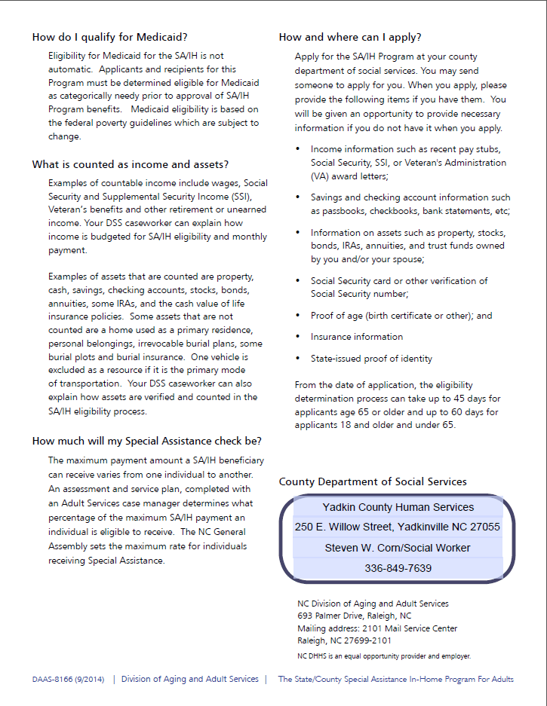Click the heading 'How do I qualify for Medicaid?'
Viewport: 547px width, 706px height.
[x=110, y=37]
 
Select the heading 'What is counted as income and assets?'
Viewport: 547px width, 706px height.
[x=131, y=164]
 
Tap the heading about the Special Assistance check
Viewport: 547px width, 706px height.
[x=146, y=441]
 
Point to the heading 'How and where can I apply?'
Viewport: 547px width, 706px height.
[x=350, y=37]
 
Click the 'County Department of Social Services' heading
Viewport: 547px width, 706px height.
[x=373, y=481]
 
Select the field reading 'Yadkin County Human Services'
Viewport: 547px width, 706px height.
[x=398, y=507]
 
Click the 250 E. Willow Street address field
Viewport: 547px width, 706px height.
[x=398, y=527]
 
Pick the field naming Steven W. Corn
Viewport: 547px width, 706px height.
[x=398, y=548]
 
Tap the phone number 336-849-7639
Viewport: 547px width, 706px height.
[x=398, y=568]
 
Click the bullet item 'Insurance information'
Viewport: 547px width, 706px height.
[x=356, y=337]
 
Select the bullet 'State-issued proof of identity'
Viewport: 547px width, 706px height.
[x=371, y=359]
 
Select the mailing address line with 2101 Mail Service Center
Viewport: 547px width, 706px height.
[x=377, y=628]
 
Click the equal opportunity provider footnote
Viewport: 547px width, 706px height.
[x=384, y=656]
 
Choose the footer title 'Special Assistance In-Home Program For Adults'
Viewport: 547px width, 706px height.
[x=395, y=679]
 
